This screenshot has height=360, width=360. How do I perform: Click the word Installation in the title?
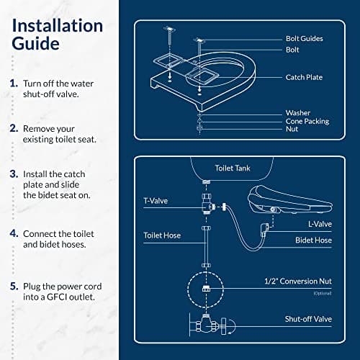(x=58, y=26)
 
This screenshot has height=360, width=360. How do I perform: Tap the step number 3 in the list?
(x=14, y=174)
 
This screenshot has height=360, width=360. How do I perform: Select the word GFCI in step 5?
(x=57, y=297)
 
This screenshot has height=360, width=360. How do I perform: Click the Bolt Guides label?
(x=305, y=38)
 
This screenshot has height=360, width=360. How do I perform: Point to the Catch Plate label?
(x=304, y=77)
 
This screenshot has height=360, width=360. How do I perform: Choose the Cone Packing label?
(x=307, y=122)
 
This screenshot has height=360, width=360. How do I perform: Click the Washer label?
(x=298, y=112)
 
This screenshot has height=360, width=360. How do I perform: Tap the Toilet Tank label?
(x=233, y=168)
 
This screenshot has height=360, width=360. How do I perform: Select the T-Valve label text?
(x=156, y=201)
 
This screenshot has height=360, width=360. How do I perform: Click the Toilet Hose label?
(x=162, y=235)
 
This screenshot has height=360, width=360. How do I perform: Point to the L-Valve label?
(x=320, y=224)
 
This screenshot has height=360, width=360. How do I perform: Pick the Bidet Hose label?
(x=313, y=240)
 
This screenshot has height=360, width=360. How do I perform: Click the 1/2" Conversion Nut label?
(x=298, y=281)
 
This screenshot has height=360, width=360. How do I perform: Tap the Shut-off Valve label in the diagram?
(x=308, y=319)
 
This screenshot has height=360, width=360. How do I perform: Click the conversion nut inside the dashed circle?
(x=206, y=289)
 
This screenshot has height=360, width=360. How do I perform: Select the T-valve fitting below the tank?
(x=207, y=204)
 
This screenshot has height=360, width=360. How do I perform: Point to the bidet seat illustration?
(x=289, y=199)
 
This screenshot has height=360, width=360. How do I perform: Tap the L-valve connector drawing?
(x=264, y=229)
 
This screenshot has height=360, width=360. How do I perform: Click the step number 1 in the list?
(x=14, y=84)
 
